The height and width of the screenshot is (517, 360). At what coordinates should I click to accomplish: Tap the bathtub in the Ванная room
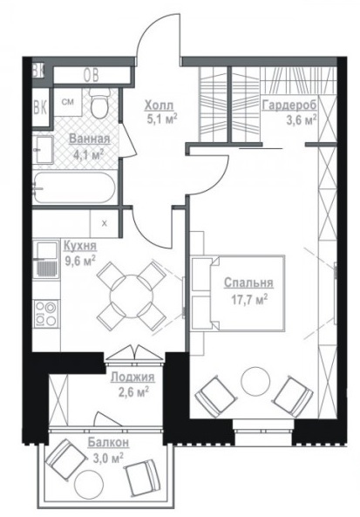tap(74, 188)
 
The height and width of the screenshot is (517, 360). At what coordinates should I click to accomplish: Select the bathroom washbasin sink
tap(44, 150)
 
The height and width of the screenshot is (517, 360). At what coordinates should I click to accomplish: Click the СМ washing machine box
tap(68, 102)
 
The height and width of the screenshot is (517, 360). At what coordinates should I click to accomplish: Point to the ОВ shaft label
tap(91, 76)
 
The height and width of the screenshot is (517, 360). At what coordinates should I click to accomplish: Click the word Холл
tap(159, 105)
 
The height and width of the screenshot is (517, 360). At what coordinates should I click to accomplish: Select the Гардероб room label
tap(289, 105)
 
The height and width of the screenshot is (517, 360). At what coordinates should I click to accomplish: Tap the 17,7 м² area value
tap(249, 300)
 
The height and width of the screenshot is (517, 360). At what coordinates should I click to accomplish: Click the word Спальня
tap(248, 282)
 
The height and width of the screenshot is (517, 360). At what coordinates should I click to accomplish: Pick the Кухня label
tap(80, 246)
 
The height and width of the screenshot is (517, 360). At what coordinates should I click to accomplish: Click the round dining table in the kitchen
tap(132, 296)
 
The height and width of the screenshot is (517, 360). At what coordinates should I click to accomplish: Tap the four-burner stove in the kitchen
tap(46, 314)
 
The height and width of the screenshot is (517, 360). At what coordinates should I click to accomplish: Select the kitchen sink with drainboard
tap(45, 261)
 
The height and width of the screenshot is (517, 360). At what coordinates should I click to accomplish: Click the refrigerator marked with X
tap(105, 223)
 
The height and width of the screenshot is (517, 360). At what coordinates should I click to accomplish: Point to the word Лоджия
tap(132, 377)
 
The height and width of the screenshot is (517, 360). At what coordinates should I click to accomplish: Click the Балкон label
tap(108, 442)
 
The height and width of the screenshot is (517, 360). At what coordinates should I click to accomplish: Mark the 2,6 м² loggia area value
tap(133, 392)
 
